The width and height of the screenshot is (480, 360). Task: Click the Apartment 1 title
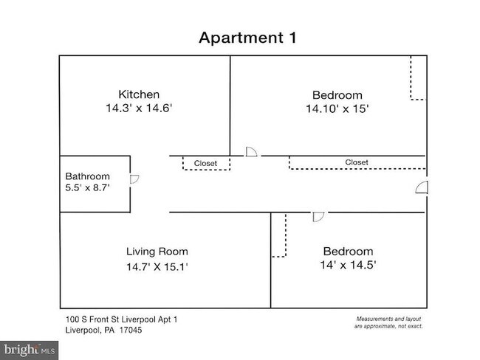point(247,38)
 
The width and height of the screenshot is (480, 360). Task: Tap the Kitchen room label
point(139,94)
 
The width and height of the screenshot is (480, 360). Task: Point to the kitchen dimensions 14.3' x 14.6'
point(139,108)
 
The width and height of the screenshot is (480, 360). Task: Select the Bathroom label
point(88,176)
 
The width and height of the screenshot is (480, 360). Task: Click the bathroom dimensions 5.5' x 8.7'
point(88,187)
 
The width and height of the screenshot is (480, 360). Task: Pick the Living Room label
point(157,252)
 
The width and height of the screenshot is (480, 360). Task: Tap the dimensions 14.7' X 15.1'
point(157,267)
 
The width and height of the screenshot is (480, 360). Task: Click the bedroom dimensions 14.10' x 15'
point(337,108)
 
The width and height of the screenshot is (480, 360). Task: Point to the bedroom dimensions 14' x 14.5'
point(348,265)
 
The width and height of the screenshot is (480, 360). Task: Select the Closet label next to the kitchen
point(205,163)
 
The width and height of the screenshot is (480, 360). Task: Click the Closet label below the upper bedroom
point(357,162)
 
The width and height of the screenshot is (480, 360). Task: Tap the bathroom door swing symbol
point(134,179)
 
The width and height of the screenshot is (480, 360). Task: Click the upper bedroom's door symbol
point(251,152)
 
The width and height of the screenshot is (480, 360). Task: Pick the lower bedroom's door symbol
point(318,217)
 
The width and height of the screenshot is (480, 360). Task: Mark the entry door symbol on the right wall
point(422,187)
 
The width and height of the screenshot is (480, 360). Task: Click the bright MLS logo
point(29,350)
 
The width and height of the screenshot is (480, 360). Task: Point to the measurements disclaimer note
point(388,322)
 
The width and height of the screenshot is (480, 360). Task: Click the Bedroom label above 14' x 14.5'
point(349,252)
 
